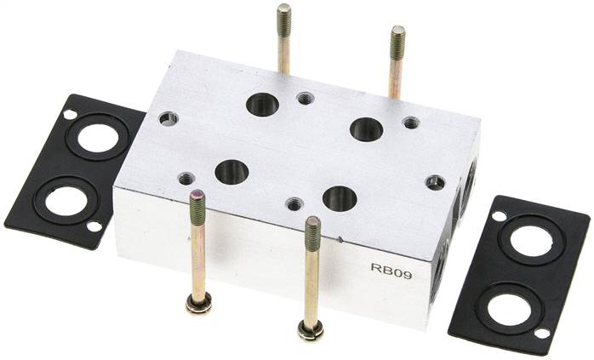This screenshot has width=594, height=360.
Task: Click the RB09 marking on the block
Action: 391,272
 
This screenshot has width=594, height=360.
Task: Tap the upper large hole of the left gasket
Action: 98,138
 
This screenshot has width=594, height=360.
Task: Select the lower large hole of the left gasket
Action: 66,201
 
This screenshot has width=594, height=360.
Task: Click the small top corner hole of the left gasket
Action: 70,114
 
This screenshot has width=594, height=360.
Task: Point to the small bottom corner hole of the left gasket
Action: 94,226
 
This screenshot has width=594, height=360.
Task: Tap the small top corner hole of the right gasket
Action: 499,216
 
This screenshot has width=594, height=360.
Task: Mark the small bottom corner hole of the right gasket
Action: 542,333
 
